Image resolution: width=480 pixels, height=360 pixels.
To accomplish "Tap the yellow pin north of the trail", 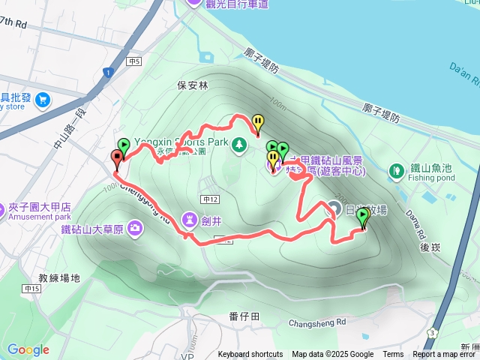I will (258, 121).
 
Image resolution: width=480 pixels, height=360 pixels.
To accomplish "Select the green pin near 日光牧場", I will (363, 217).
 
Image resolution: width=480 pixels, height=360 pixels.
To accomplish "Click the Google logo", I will (28, 349).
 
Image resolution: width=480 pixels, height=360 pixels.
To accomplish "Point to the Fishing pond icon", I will (395, 172).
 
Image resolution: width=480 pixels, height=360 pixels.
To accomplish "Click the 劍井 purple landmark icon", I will (187, 220).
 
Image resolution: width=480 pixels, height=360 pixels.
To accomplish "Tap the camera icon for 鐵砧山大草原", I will (135, 227).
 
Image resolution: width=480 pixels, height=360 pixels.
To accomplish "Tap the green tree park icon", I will (238, 142).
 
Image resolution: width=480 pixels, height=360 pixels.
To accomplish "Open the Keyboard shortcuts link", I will (250, 355).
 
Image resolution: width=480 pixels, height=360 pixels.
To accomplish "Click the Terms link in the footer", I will (393, 355).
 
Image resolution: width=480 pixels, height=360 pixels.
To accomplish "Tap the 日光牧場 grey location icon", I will (332, 207).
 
